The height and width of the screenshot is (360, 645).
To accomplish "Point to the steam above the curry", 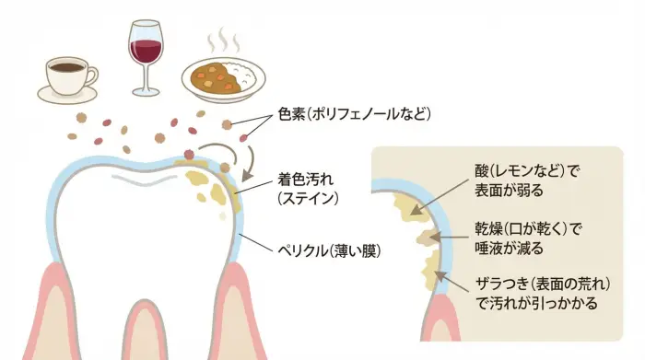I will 221,42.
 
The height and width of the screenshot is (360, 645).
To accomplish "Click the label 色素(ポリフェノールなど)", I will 353,114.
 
